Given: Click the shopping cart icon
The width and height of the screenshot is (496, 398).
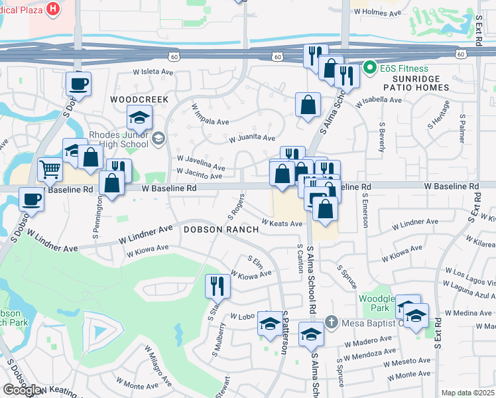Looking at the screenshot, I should (50, 170).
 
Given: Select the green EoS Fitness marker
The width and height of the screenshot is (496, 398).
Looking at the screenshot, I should (369, 68).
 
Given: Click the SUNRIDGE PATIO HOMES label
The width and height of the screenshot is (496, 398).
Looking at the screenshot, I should (416, 88).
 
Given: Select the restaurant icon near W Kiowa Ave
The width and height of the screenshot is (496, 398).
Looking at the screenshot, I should (217, 286).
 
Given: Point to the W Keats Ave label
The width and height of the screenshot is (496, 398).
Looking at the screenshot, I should (281, 224).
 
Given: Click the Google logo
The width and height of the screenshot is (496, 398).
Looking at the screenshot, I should (23, 390).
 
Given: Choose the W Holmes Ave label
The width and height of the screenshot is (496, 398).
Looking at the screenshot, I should (377, 12).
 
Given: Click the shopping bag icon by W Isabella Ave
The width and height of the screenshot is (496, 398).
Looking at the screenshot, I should (308, 104).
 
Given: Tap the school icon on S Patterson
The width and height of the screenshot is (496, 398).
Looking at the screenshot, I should (269, 324).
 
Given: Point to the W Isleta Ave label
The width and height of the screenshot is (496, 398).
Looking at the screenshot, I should (154, 72).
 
